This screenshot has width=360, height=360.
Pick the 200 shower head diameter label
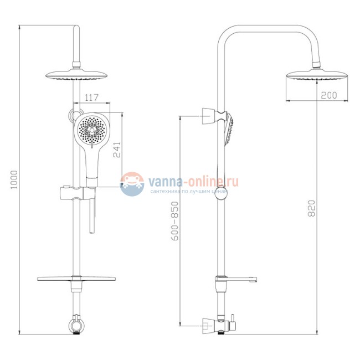(328, 96)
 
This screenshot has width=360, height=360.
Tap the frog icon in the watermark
(132, 184)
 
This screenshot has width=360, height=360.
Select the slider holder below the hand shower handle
(75, 195)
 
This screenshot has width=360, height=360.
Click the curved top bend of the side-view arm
(227, 33)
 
